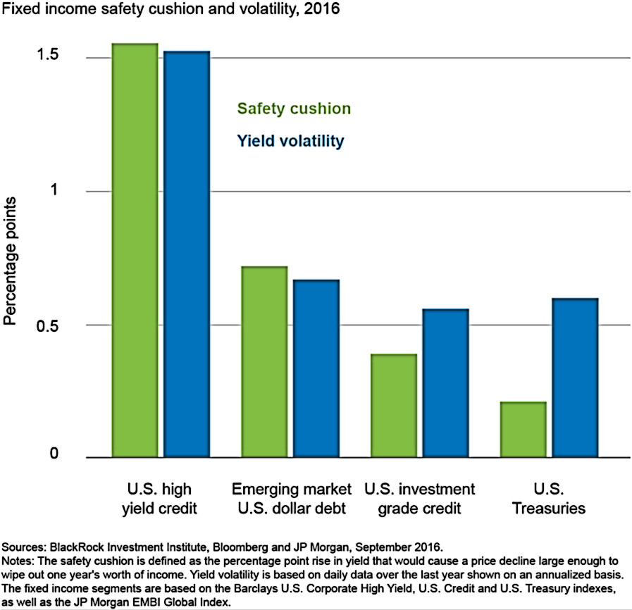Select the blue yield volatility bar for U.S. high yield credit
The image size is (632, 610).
[x=187, y=254]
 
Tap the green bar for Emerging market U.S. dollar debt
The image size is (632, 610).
[x=264, y=362]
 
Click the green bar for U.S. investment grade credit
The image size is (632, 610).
[x=394, y=406]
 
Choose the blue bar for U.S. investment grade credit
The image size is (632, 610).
[x=446, y=383]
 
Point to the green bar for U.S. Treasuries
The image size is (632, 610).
[x=523, y=430]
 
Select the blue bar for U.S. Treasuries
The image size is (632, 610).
[x=576, y=378]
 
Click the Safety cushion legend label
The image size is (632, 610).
[x=294, y=109]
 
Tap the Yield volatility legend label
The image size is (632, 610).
[x=290, y=141]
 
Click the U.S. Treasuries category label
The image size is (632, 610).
[x=549, y=498]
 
